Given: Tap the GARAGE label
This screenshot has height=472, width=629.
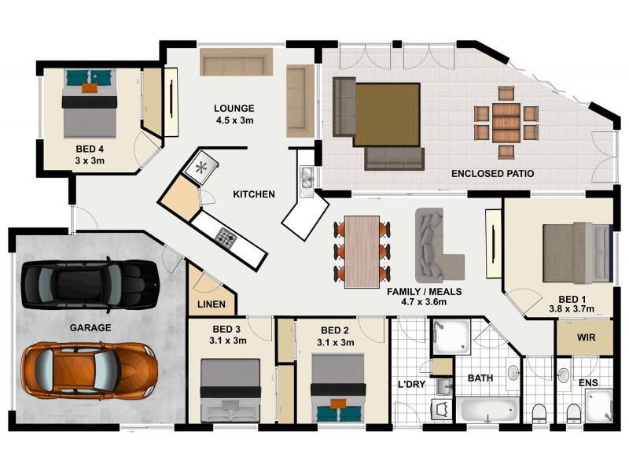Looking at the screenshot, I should coord(89,327).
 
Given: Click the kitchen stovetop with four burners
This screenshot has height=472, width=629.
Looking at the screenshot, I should coord(227,235).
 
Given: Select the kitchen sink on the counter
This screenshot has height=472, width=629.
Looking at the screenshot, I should coord(307,178).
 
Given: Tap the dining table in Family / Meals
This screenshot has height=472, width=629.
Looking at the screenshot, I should coord(362,249).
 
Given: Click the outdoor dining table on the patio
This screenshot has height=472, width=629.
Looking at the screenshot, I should coord(507,122).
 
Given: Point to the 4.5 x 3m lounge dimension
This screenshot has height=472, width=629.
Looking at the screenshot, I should coord(235,120).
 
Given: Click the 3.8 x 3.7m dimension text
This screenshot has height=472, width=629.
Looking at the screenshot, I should coord(570,309).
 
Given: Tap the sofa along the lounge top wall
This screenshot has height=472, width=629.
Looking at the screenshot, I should coord(236,62).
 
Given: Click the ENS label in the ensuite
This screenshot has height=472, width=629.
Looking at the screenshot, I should coord(589,383).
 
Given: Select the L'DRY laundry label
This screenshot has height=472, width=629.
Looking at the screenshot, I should coord(411,384).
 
